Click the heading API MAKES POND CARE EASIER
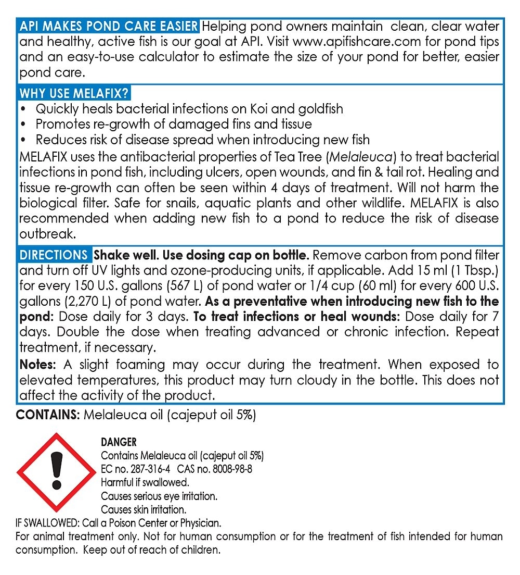pyautogui.click(x=109, y=26)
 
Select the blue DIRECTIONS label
pyautogui.click(x=54, y=255)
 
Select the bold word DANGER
pyautogui.click(x=119, y=442)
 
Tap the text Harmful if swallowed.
pyautogui.click(x=145, y=482)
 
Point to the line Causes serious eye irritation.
pyautogui.click(x=159, y=496)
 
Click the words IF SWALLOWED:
pyautogui.click(x=49, y=523)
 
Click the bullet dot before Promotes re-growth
pyautogui.click(x=23, y=125)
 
